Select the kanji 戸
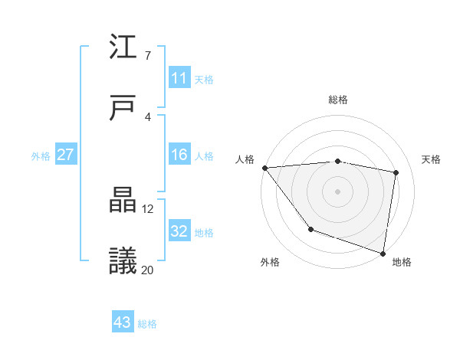pos(123,107)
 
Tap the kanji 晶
pos(123,201)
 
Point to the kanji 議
pos(123,260)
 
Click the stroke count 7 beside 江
pos(147,56)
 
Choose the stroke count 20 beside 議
pos(148,269)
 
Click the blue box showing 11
pos(179,78)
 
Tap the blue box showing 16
pos(179,155)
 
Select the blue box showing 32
pos(179,231)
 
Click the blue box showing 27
pos(65,155)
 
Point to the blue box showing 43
pos(122,322)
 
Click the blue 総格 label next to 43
pos(147,324)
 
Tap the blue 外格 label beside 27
pos(41,156)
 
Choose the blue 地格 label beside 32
pos(204,233)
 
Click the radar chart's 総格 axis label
pos(338,100)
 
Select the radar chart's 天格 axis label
pos(431,159)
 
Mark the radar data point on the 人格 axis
pos(264,168)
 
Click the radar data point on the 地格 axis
pos(383,253)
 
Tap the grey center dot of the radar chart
pos(338,191)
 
